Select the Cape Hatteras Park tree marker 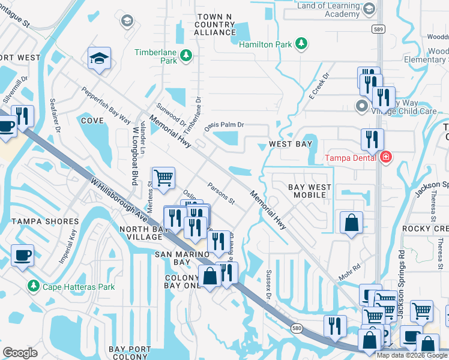tap(34, 286)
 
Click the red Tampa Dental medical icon tap(385, 158)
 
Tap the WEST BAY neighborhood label tap(291, 144)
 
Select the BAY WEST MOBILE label tap(310, 191)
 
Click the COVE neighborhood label tap(92, 121)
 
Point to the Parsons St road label tap(220, 193)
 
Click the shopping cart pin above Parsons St tap(163, 178)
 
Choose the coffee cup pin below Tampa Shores tap(22, 255)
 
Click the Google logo tap(20, 352)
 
